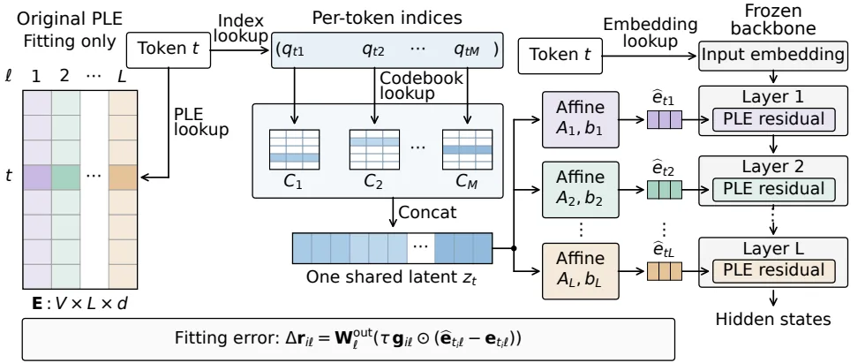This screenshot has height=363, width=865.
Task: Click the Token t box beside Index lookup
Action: [169, 49]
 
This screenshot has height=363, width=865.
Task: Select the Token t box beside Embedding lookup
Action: [560, 55]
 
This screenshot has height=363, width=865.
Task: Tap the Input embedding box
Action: [773, 55]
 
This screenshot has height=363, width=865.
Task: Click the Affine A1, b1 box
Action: [581, 120]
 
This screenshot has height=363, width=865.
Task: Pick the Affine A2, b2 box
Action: [581, 190]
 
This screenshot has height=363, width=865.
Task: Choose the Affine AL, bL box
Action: [581, 271]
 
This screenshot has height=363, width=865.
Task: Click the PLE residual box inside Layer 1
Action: [773, 120]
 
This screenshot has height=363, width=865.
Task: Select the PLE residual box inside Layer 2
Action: [773, 189]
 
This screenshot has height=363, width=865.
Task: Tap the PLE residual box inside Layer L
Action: [773, 270]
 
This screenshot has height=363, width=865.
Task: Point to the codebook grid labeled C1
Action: [294, 149]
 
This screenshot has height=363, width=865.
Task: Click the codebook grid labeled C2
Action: [374, 149]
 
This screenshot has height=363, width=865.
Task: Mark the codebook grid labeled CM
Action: [467, 149]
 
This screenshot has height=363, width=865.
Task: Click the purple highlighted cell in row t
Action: [37, 178]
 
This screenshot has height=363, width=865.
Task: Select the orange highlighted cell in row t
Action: [123, 178]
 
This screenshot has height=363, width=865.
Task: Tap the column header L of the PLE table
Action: [122, 76]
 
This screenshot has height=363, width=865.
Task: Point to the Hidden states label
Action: [773, 319]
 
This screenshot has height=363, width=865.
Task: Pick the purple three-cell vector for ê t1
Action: [664, 120]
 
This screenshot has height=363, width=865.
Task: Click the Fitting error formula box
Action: [348, 339]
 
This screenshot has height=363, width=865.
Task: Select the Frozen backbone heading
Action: [773, 19]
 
